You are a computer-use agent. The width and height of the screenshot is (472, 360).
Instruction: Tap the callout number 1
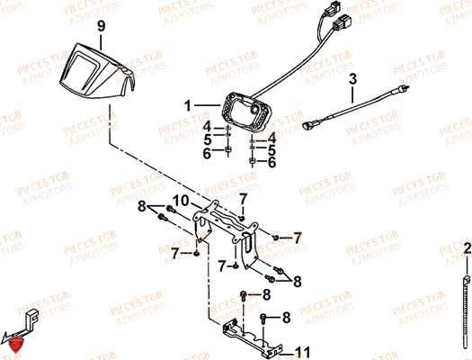189,105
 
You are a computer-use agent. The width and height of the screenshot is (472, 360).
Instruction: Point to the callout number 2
467,247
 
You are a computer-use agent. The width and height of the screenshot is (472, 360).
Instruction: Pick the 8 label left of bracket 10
141,208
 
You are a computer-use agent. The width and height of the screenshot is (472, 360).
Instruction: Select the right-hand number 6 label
272,163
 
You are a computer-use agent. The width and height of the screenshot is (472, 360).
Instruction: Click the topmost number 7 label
243,197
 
